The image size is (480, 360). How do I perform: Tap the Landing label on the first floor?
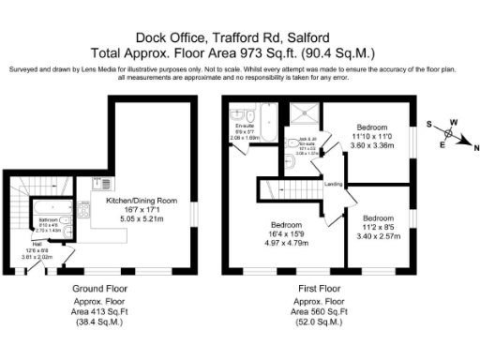(x=332, y=184)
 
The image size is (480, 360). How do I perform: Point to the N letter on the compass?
(x=476, y=149)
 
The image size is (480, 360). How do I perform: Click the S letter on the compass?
(x=429, y=123)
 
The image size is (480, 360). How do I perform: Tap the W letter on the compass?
(x=455, y=122)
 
